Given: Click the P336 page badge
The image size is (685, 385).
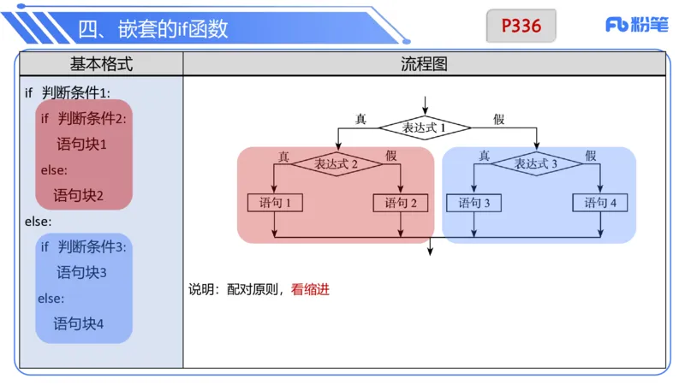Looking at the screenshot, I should click(x=521, y=26).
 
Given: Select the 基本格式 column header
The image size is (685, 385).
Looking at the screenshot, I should click(x=101, y=64).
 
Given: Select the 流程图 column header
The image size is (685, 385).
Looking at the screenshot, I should click(x=424, y=64).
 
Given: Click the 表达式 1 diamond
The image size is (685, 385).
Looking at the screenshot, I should click(x=426, y=127).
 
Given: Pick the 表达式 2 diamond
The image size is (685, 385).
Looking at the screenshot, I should click(x=337, y=163).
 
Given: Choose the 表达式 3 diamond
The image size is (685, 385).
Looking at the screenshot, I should click(x=536, y=163).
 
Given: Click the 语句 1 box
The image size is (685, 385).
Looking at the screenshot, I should click(x=274, y=204).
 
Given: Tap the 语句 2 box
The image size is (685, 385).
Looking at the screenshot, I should click(x=401, y=204).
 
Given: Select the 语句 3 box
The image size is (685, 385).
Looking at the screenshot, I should click(x=474, y=204).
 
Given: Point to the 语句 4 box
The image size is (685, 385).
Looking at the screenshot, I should click(x=600, y=204).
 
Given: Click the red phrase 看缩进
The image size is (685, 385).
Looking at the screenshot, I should click(x=310, y=289).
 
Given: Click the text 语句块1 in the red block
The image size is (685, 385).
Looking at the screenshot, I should click(x=82, y=144).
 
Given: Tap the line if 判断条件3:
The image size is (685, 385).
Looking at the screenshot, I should click(x=83, y=247).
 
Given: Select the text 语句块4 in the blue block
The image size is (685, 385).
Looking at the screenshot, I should click(x=79, y=323).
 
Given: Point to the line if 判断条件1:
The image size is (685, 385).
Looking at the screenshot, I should click(x=68, y=92).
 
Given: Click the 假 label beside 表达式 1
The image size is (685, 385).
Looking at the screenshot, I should click(x=499, y=119).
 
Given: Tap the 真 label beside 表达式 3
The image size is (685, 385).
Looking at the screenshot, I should click(x=484, y=155).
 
